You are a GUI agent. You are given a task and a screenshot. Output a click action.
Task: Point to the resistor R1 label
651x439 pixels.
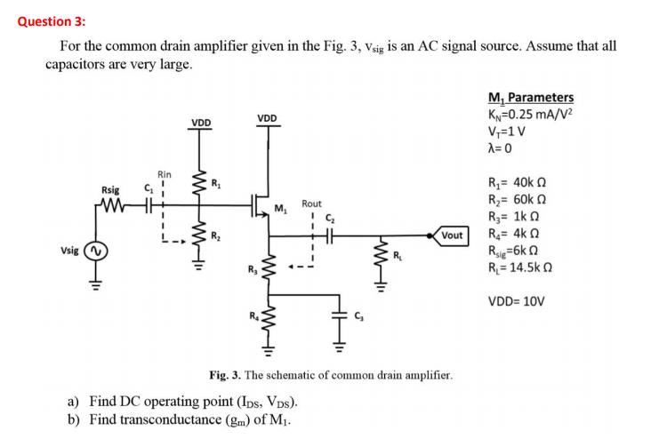pos(214,184)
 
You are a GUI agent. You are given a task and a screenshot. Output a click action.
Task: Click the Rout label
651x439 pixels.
pos(311,204)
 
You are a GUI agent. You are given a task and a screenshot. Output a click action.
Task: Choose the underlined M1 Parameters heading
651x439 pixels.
pos(530,98)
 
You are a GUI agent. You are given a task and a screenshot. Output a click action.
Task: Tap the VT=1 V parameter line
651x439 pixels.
pos(510,132)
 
